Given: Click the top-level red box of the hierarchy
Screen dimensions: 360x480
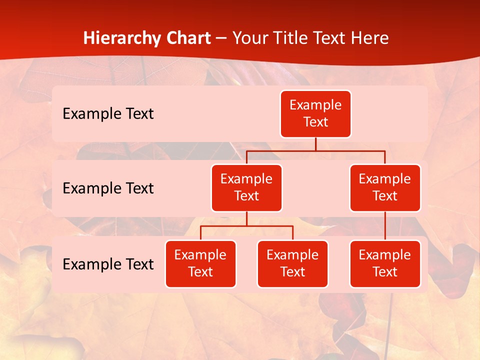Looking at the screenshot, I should tap(315, 113).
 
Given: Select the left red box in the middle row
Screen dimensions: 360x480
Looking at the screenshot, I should tap(246, 187).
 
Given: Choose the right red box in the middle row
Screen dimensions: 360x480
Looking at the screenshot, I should tap(385, 187).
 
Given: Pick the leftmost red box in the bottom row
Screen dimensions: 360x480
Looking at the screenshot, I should tap(200, 263).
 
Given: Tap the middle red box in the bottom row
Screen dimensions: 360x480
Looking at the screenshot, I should tap(292, 263).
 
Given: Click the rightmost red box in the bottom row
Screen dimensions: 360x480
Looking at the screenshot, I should tap(385, 263).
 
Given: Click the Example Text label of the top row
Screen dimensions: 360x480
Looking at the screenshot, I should tap(108, 113).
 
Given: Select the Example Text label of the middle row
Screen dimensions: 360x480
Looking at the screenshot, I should tap(108, 188).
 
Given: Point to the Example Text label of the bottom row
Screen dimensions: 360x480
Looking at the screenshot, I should tap(108, 264).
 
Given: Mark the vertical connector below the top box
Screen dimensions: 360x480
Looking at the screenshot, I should tap(315, 144).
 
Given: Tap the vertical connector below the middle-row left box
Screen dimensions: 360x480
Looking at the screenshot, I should tap(246, 218).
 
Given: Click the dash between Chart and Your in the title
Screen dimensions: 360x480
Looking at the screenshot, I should tap(221, 38).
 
